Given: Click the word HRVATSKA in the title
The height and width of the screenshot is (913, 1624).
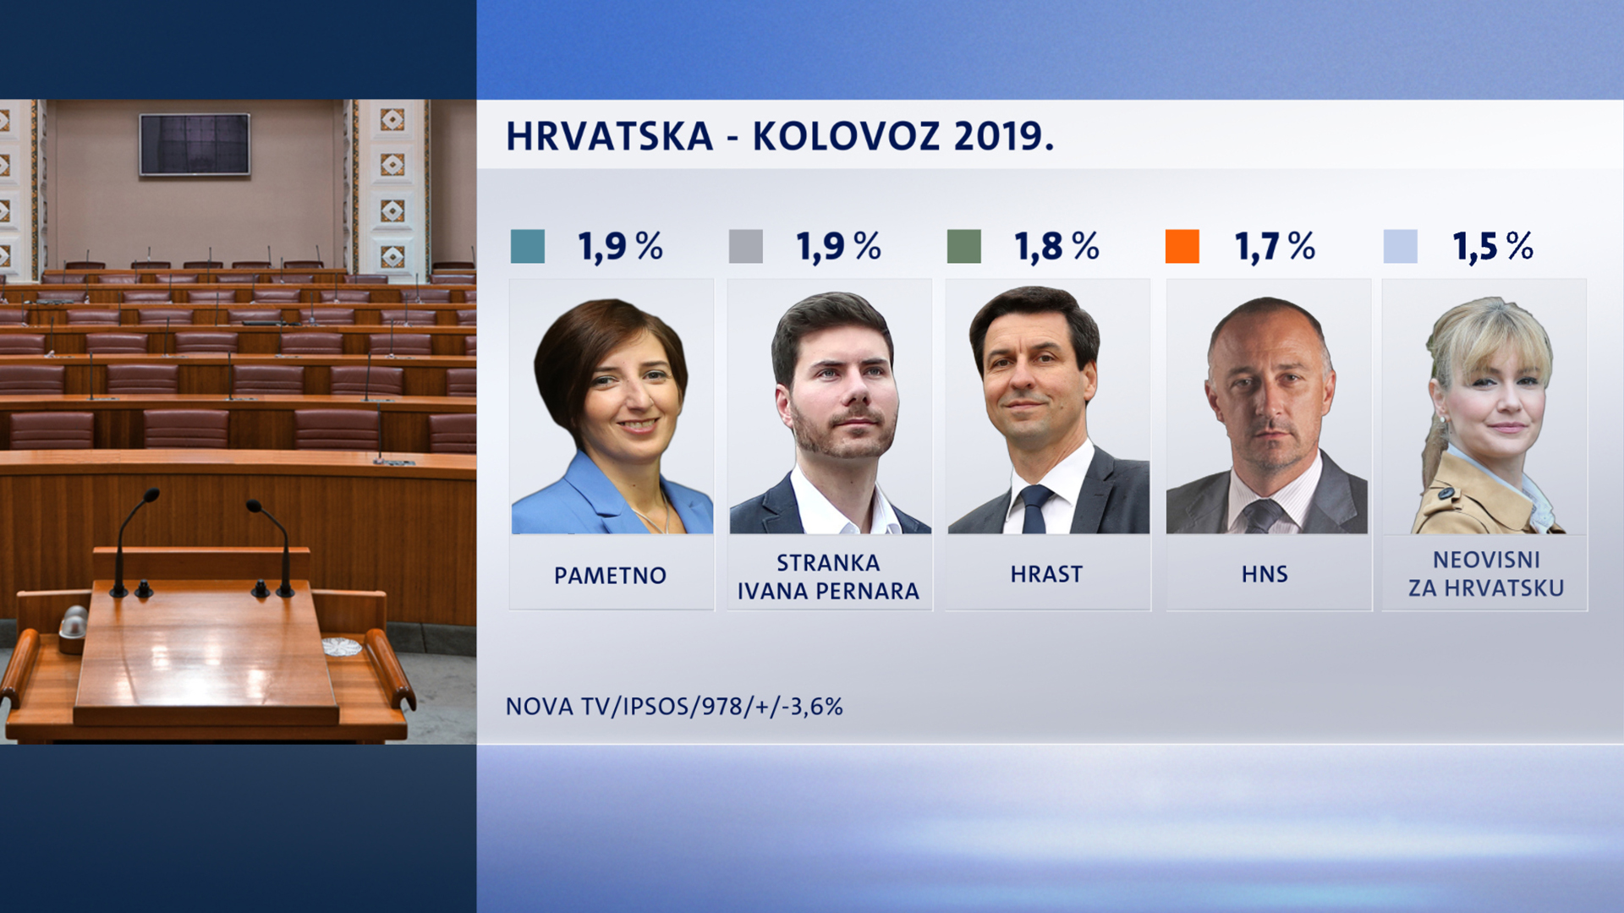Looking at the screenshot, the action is coord(609,136).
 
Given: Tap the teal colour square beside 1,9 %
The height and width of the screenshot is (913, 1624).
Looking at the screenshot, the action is coord(528,246).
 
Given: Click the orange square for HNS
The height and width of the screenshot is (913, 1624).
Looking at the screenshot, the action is coord(1182,246).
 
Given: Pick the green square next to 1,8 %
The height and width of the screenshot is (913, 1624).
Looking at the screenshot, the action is coord(964,246).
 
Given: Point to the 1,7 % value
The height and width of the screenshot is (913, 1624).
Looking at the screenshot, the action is coord(1275,246).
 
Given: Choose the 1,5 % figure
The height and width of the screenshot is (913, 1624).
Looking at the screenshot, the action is coord(1493,246).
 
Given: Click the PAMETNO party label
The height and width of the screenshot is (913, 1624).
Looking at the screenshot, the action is coord(610,576).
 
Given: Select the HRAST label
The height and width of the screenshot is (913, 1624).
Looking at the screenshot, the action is coord(1046,574).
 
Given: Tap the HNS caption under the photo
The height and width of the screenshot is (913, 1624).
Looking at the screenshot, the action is coord(1265,574).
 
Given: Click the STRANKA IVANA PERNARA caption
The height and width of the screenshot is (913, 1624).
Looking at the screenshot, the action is coord(828,577).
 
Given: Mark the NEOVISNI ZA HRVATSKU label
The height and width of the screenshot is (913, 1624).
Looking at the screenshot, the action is coord(1486,573).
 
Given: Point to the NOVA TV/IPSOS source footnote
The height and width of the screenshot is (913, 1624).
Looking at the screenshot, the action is coord(674,706).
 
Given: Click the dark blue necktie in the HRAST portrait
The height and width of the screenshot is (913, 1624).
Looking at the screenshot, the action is coord(1034,509).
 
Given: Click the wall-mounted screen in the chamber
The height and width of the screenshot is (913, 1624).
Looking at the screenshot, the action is coord(195,145).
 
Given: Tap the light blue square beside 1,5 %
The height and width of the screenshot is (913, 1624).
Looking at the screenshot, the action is coord(1400,246).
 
